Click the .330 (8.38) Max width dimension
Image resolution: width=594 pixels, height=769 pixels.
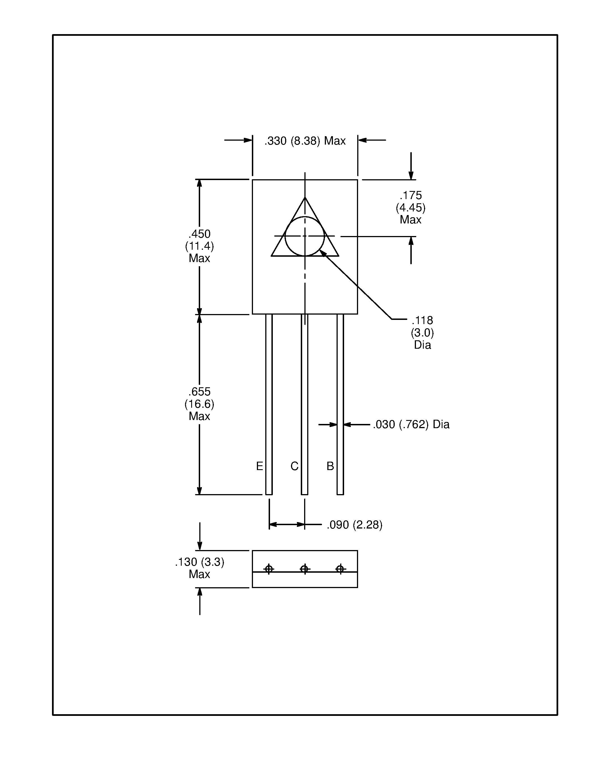coord(305,141)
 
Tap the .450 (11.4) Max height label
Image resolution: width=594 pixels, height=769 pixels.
coord(199,246)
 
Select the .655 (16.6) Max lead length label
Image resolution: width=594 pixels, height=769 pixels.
coord(199,404)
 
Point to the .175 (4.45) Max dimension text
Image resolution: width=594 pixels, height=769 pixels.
coord(410,207)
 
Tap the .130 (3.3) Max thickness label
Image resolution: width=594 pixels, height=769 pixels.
coord(200,568)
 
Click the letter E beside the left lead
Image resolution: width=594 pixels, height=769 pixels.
coord(259,466)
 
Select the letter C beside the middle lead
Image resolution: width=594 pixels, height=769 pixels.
coord(294,466)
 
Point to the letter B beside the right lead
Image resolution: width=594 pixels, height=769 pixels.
coord(330,466)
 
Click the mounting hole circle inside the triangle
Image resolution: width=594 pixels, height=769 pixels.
coord(305,236)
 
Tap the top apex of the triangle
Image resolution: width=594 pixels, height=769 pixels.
coord(305,198)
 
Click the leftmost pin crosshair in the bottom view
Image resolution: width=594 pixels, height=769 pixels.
coord(269,569)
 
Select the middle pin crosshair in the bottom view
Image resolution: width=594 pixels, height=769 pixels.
coord(305,569)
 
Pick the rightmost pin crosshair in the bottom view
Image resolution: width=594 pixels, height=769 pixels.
coord(340,569)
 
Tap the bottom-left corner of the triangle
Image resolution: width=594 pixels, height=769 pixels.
coord(272,256)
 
